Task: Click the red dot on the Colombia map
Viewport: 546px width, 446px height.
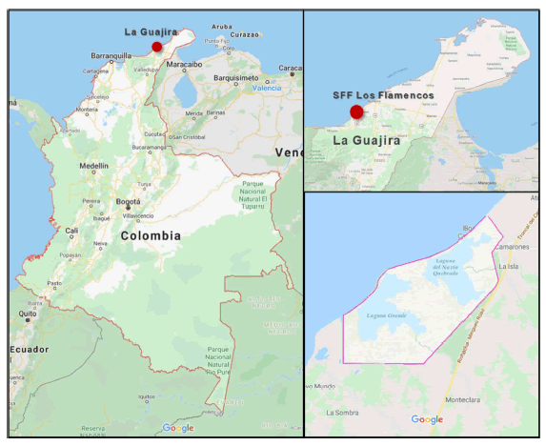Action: [x=157, y=46]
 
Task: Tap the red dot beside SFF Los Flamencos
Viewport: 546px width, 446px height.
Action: [x=356, y=112]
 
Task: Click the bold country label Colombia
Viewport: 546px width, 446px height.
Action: [x=151, y=234]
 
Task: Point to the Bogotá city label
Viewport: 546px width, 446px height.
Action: [x=128, y=202]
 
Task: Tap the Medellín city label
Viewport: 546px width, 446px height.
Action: [x=94, y=165]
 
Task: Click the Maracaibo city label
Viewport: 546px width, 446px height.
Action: [x=185, y=65]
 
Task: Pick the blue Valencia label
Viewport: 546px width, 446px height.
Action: [x=267, y=88]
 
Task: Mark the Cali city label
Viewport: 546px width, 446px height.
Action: [x=71, y=231]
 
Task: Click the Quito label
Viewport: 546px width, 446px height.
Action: [x=28, y=313]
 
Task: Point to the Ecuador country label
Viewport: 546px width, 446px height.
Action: [x=30, y=349]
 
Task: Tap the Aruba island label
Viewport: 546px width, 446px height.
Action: [x=221, y=27]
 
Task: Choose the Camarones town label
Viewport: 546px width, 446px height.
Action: [x=512, y=246]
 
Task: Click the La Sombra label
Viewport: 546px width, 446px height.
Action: [x=342, y=413]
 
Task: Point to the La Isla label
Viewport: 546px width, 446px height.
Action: [x=510, y=267]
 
